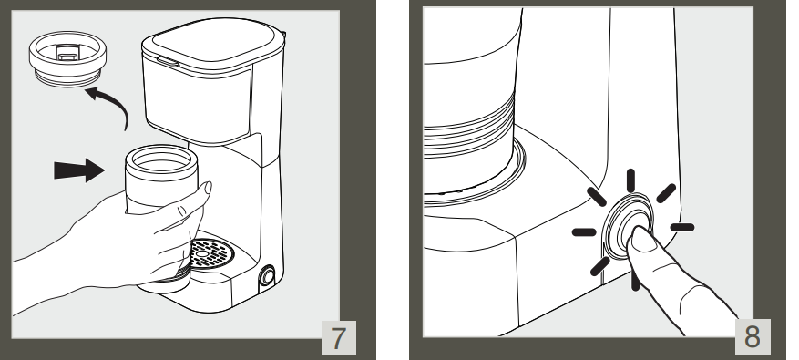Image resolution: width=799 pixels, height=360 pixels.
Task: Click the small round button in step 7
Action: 270,276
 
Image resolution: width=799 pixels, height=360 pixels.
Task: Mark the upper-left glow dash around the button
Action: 596,199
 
